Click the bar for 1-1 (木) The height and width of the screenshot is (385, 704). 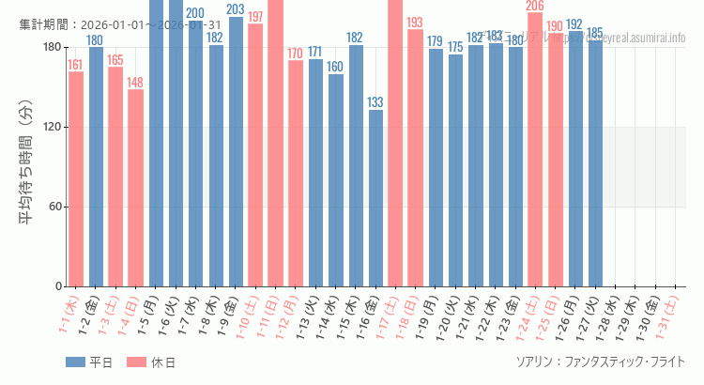[76, 178]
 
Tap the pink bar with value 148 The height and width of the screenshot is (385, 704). [136, 188]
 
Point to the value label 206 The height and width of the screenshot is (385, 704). [535, 6]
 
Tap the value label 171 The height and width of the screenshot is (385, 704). [315, 52]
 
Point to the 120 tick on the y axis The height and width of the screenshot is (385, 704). [52, 128]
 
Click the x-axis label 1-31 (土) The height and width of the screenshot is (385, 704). [668, 317]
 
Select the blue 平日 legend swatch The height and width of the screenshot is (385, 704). [77, 362]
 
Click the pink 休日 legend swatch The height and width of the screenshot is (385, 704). [137, 362]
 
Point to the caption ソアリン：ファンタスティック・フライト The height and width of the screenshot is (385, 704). [600, 362]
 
